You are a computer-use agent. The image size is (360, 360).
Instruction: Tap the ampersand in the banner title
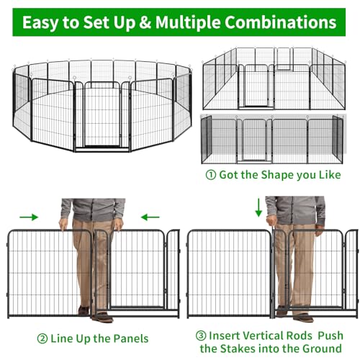[145, 22]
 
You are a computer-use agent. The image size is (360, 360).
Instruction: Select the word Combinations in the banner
[280, 22]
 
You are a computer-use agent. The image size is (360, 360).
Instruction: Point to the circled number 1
[211, 175]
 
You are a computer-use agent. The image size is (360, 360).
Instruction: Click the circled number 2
[42, 339]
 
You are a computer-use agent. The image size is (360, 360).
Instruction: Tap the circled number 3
[201, 336]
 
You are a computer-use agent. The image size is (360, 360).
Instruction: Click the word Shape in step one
[278, 175]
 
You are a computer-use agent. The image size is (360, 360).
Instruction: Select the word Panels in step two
[131, 338]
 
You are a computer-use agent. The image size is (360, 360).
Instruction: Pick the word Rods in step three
[300, 336]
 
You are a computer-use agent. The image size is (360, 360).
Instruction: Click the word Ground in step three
[322, 348]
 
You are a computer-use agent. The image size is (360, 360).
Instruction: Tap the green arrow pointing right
[29, 217]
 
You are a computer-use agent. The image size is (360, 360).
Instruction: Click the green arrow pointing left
[150, 217]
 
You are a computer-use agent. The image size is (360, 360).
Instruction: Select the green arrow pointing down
[258, 207]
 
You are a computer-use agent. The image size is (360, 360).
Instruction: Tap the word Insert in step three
[224, 336]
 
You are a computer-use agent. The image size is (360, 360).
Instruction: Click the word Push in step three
[330, 336]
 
